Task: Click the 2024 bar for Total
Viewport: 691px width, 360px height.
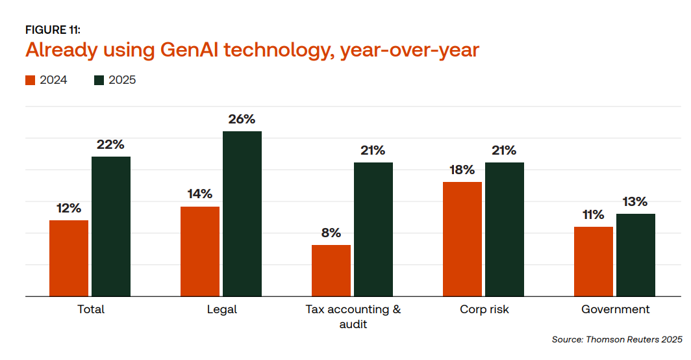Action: coord(69,258)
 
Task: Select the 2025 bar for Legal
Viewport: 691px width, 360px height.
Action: coord(242,214)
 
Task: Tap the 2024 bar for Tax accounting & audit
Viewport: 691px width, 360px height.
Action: coord(331,270)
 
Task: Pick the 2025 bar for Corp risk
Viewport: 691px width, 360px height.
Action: coord(505,229)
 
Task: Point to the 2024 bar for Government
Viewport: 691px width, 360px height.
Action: coord(594,261)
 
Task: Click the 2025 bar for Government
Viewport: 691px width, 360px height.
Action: coord(636,255)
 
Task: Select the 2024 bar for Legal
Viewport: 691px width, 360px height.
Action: coord(200,251)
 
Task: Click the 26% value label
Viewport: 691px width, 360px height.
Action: coord(242,120)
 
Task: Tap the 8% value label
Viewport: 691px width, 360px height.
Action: coord(331,233)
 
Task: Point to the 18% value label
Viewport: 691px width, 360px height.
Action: coord(462,170)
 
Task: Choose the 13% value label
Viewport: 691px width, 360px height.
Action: coord(635,202)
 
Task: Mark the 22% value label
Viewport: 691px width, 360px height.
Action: coord(110,145)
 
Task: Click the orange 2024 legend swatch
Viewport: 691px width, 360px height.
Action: coord(30,81)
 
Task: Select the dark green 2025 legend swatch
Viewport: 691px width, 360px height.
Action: coord(99,81)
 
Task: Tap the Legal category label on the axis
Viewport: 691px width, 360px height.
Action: coord(221,310)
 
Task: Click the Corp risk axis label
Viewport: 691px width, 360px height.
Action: coord(484,310)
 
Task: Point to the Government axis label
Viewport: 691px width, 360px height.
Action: coord(615,310)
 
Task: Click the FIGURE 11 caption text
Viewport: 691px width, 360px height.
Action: coord(53,30)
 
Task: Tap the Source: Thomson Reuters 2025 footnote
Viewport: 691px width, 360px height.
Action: coord(617,339)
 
